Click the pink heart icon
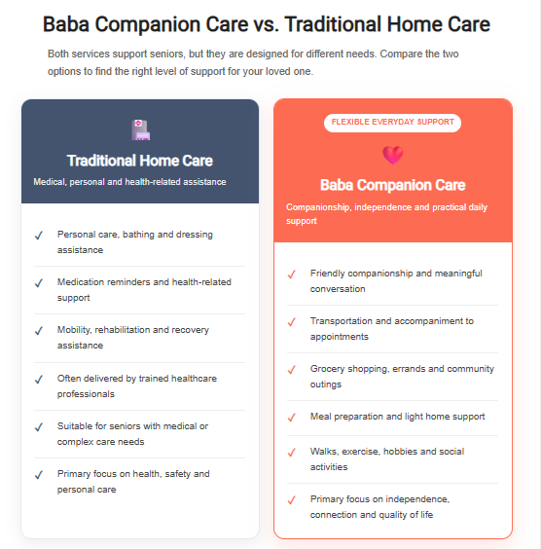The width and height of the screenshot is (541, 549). tap(393, 155)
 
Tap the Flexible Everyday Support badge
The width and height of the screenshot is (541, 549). tap(392, 123)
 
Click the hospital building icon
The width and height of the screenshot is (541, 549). tap(140, 129)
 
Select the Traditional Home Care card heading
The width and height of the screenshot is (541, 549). tap(140, 161)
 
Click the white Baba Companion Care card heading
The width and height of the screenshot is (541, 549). tap(393, 185)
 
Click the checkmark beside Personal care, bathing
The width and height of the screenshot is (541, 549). tap(39, 236)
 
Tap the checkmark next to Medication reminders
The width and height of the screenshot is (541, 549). tap(39, 283)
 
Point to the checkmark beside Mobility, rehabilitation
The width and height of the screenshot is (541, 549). tap(39, 331)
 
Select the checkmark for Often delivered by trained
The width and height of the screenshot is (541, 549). tap(39, 380)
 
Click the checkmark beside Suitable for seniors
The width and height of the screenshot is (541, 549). tap(39, 426)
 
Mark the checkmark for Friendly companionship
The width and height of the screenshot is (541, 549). tap(292, 274)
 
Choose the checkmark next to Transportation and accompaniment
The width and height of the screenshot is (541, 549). tap(292, 322)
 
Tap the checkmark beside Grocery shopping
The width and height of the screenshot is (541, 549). tap(292, 369)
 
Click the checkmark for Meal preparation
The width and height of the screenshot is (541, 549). tap(292, 418)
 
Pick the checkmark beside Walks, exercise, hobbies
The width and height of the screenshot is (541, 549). tap(292, 453)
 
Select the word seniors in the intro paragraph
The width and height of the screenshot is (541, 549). tap(166, 54)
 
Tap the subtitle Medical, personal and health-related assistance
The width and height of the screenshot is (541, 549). tap(129, 182)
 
